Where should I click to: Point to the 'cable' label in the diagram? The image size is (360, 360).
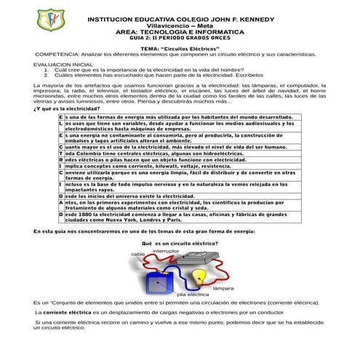coord(138,254)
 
